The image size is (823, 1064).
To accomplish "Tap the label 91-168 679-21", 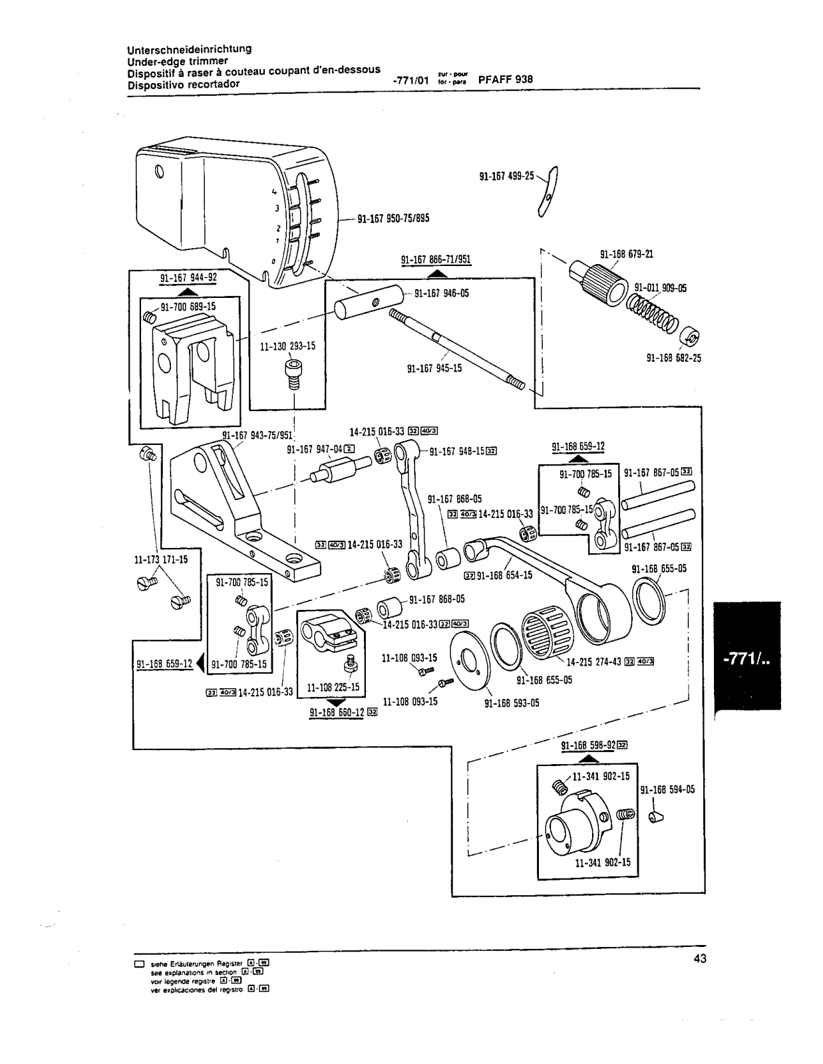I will pyautogui.click(x=626, y=254).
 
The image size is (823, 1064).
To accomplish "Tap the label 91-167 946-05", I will pyautogui.click(x=442, y=293).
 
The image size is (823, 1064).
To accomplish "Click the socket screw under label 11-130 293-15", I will pyautogui.click(x=291, y=374).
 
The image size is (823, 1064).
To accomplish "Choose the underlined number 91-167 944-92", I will pyautogui.click(x=188, y=277).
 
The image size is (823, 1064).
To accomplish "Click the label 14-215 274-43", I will pyautogui.click(x=593, y=662).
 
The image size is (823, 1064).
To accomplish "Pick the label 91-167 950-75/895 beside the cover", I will pyautogui.click(x=393, y=218).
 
